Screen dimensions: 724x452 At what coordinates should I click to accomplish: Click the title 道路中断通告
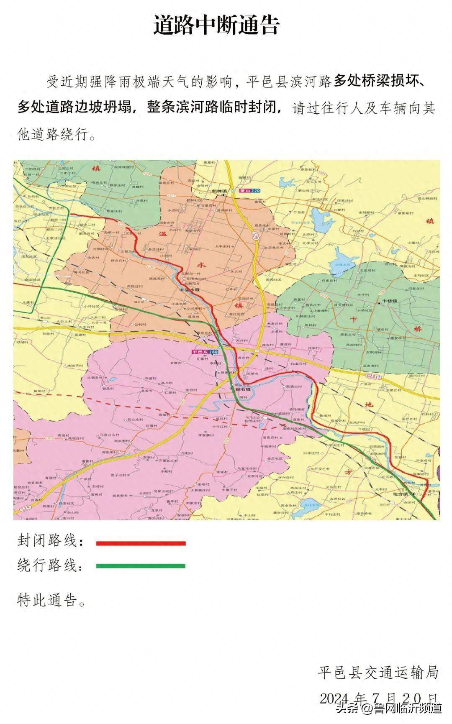pos(216,26)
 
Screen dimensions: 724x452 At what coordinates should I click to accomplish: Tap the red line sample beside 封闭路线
pos(141,543)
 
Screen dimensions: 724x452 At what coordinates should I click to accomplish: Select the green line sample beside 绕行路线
pos(141,566)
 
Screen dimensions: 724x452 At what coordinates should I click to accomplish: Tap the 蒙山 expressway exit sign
pos(249,191)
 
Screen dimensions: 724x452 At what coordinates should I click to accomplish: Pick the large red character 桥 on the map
pos(418,329)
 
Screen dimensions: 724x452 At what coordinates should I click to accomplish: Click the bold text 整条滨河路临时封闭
pos(213,107)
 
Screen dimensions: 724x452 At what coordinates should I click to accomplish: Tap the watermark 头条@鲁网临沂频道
pos(389,709)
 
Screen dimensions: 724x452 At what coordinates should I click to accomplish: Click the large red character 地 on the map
pos(369,404)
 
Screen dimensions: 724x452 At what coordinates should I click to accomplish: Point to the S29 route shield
pos(22,509)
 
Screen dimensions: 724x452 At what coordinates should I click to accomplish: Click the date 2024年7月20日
pos(379,698)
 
